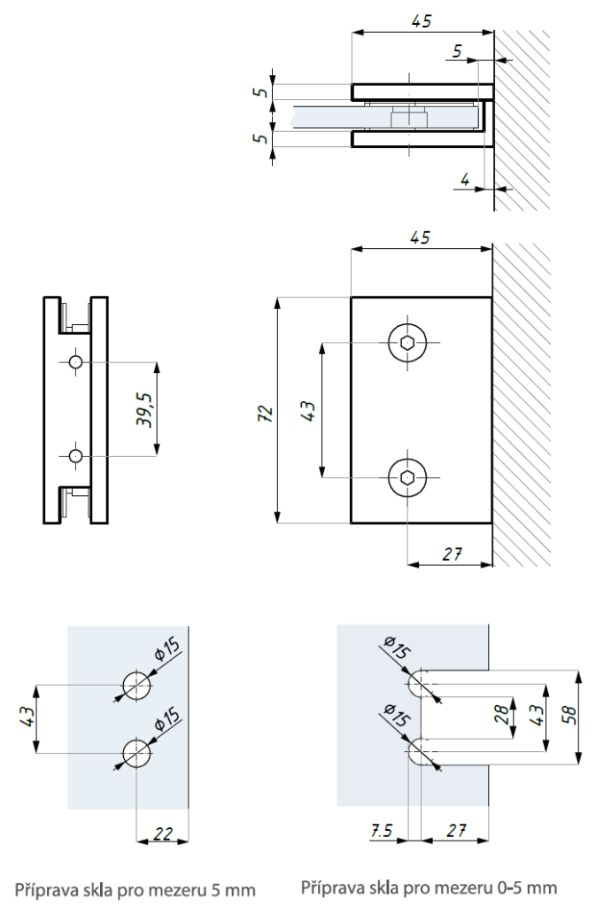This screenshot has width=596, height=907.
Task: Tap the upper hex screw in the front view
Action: (406, 343)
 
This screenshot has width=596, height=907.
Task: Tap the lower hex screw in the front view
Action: (406, 478)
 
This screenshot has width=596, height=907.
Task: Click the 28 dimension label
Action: (501, 713)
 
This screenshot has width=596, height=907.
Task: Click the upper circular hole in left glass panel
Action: (136, 686)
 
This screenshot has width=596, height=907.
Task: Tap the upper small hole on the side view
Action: (76, 362)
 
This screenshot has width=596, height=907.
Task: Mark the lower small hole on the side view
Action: (76, 455)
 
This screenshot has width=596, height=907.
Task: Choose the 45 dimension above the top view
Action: (422, 21)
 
